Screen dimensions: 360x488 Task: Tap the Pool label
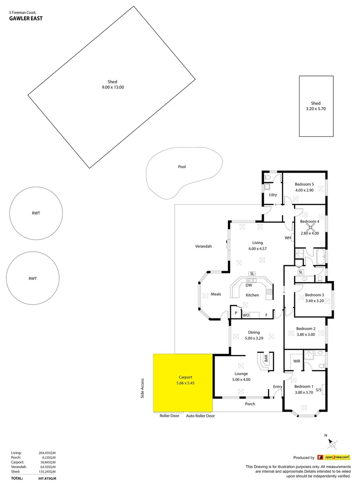click(182, 167)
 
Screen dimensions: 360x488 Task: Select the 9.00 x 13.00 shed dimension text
click(112, 87)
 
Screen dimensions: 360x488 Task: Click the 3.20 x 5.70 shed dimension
click(316, 109)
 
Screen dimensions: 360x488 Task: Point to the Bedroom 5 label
click(304, 184)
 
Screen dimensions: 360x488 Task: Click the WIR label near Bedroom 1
click(296, 361)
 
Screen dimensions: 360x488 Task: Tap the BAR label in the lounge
click(266, 359)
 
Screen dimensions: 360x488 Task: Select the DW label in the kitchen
click(248, 286)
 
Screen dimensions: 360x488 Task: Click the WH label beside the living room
click(288, 238)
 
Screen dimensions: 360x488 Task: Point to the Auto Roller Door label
click(201, 416)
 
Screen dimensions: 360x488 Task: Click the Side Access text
click(142, 388)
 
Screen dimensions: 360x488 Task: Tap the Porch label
click(250, 404)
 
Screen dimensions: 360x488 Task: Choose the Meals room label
click(216, 295)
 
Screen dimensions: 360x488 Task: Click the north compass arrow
click(332, 443)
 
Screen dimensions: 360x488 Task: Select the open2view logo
click(334, 457)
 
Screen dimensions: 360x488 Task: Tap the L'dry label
click(273, 195)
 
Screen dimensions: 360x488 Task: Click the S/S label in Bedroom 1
click(318, 390)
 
